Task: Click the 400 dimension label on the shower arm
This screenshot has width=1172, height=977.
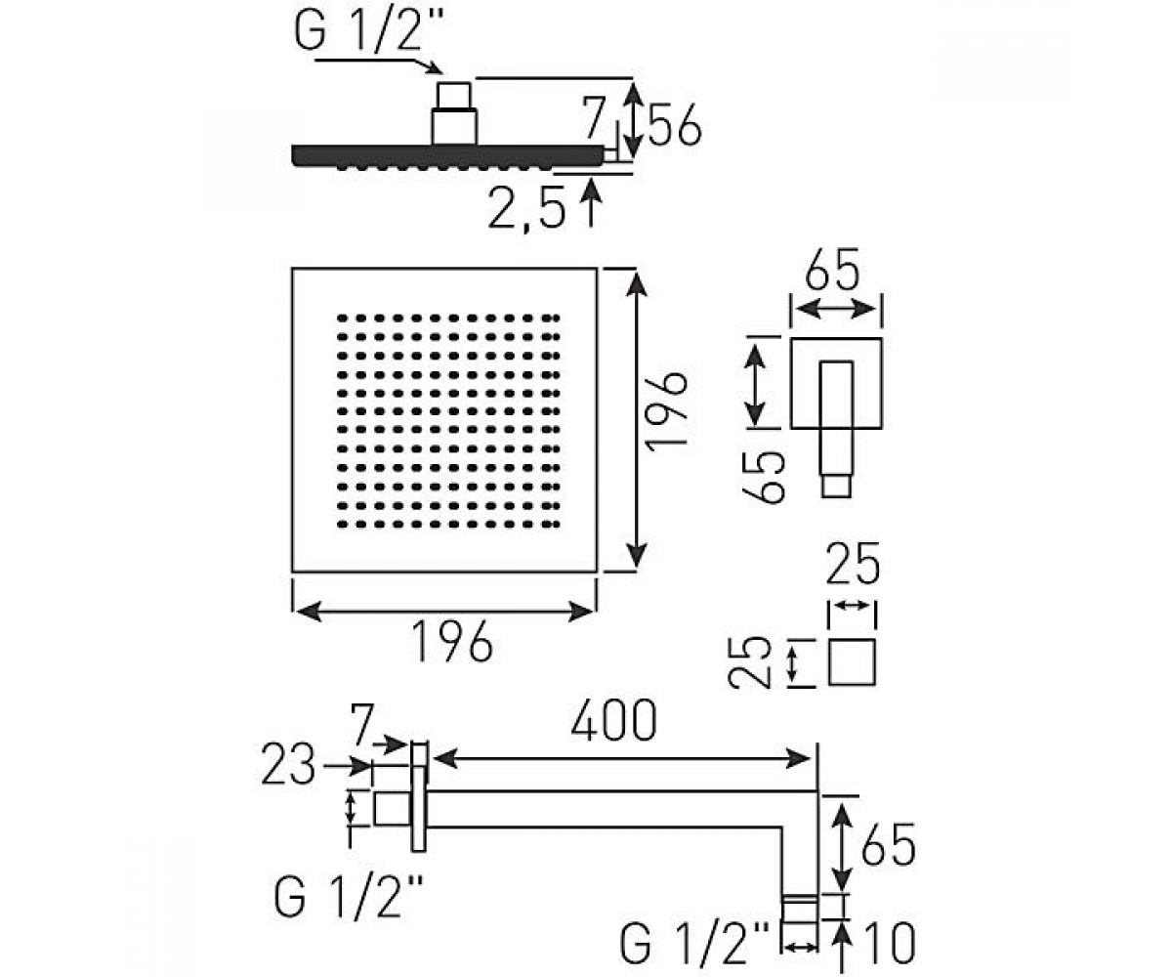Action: coord(613,720)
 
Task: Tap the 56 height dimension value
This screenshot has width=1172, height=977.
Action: coord(675,125)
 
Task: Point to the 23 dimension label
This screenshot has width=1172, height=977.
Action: coord(288,764)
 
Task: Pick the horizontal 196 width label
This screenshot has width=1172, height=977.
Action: coord(452,641)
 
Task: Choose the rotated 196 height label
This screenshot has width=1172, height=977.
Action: coord(666,411)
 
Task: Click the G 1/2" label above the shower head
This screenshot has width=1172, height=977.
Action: coord(369,31)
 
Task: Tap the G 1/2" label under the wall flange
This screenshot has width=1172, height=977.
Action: coord(348,899)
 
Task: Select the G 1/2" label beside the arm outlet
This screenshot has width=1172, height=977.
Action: coord(694,944)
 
